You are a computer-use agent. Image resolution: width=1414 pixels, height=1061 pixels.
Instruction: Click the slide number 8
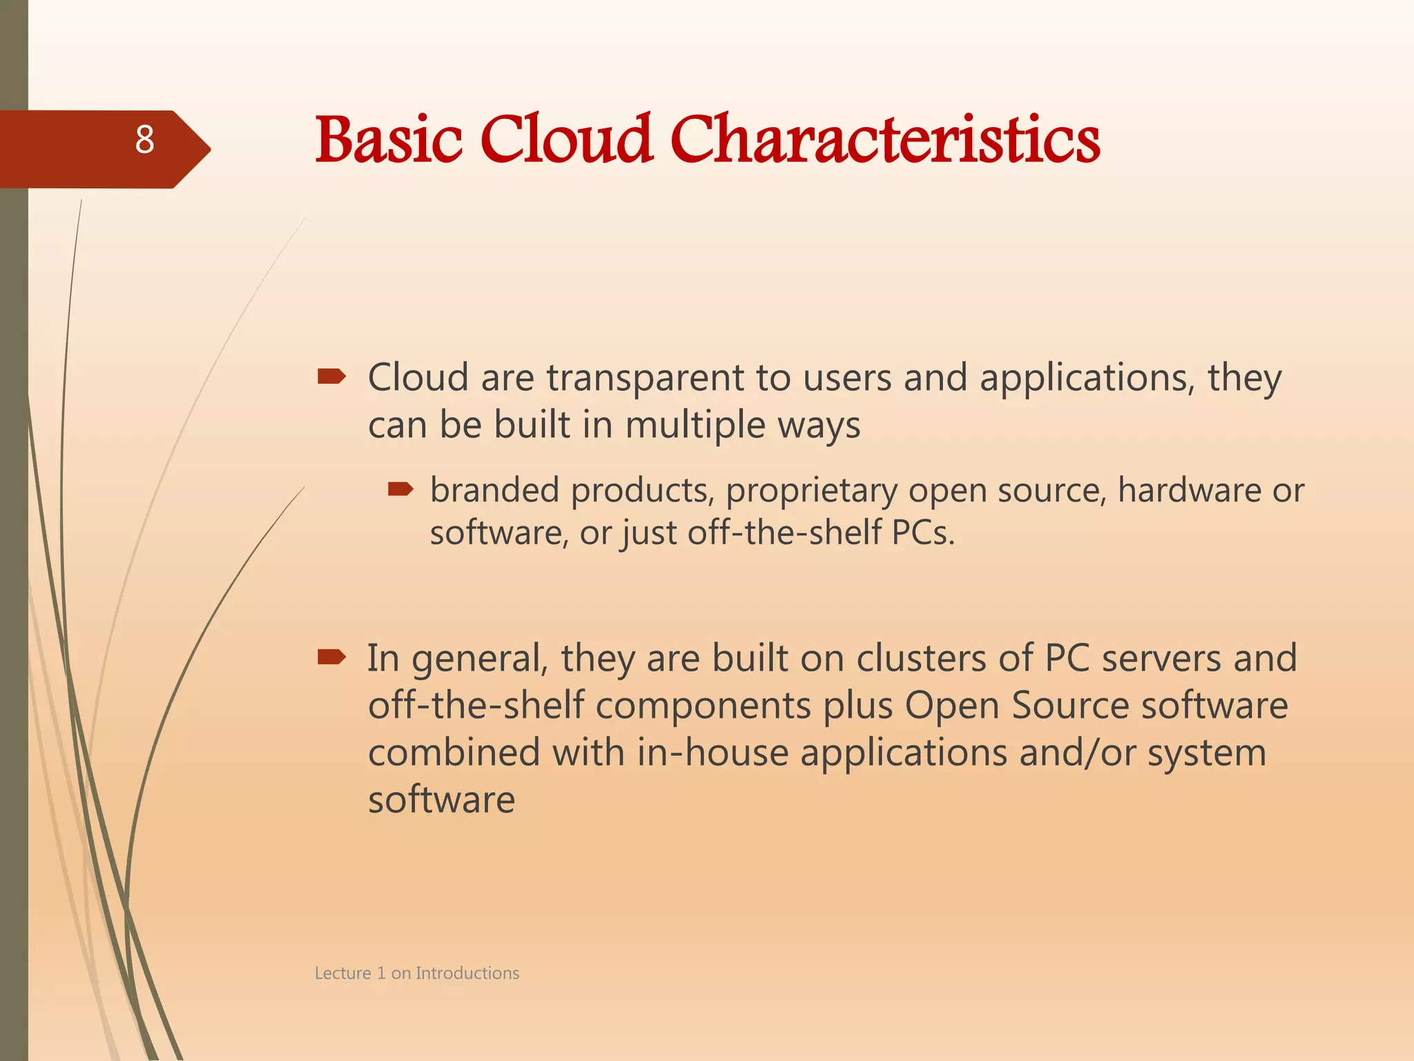click(144, 140)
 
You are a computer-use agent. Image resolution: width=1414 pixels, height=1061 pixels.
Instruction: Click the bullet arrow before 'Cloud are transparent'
click(331, 376)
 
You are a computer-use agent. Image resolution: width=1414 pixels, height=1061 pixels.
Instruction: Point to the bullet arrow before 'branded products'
click(400, 490)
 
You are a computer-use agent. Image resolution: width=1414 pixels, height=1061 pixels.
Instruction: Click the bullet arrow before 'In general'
click(331, 657)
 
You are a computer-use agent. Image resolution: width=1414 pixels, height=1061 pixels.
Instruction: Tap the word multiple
click(695, 426)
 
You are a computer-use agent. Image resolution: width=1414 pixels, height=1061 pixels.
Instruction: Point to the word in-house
click(712, 752)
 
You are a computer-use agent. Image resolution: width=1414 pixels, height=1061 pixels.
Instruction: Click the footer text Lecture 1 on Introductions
click(416, 973)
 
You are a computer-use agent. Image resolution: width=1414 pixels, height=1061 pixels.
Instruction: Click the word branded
click(494, 490)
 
